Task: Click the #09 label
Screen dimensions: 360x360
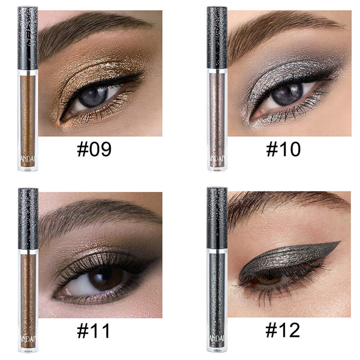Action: (94, 149)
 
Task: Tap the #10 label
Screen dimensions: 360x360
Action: (283, 149)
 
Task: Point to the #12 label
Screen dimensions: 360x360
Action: (283, 331)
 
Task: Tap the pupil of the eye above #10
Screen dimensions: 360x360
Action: (287, 96)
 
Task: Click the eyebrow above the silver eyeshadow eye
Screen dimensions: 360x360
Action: (279, 31)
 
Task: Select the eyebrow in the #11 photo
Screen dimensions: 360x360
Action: (94, 216)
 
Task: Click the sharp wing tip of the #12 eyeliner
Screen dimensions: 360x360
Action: (339, 243)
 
